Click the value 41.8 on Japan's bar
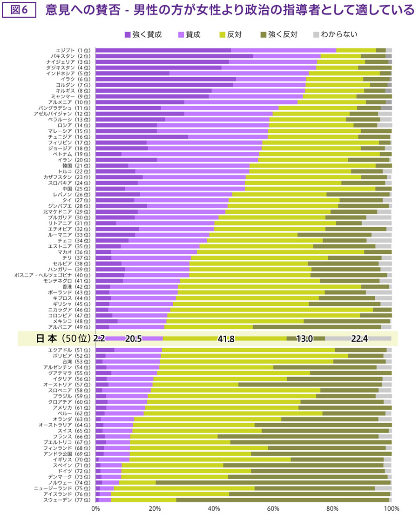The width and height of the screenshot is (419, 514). pyautogui.click(x=226, y=339)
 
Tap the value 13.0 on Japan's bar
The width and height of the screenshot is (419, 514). pyautogui.click(x=304, y=339)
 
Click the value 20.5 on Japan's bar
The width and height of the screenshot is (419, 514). pyautogui.click(x=134, y=339)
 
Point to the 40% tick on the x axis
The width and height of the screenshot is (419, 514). pyautogui.click(x=214, y=508)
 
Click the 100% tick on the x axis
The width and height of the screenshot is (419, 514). pyautogui.click(x=391, y=508)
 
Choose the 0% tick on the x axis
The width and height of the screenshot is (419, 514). pyautogui.click(x=96, y=508)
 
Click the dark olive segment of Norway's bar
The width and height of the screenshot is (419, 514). pyautogui.click(x=273, y=482)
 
